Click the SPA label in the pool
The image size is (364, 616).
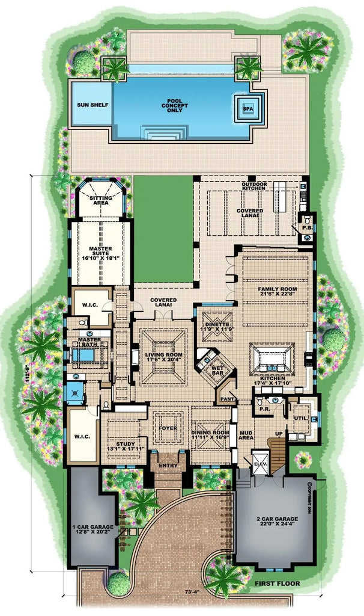pyautogui.click(x=247, y=108)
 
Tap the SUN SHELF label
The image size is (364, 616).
pyautogui.click(x=93, y=105)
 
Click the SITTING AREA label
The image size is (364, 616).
pyautogui.click(x=100, y=200)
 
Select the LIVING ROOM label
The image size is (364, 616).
pyautogui.click(x=163, y=355)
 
